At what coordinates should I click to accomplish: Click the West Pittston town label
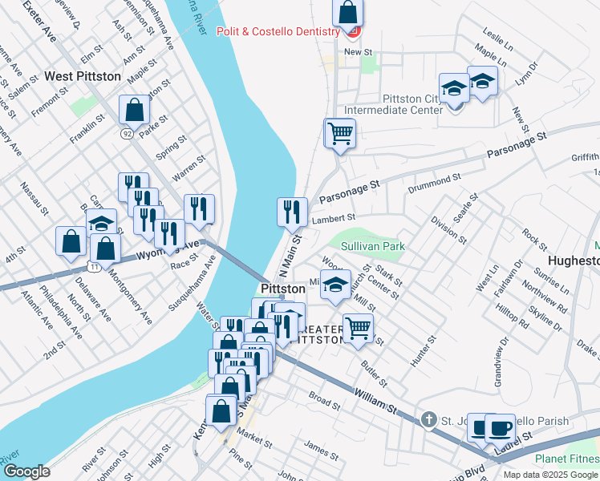[83, 76]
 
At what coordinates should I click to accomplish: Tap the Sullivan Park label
[372, 247]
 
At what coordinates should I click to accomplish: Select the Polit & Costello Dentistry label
[278, 31]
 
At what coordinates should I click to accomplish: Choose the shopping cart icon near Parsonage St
[340, 132]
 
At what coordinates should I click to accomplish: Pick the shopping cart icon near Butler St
[358, 327]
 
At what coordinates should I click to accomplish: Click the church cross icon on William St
[428, 420]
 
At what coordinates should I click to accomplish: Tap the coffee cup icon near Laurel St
[501, 427]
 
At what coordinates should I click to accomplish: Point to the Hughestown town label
[573, 261]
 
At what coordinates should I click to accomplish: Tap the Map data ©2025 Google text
[550, 474]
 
